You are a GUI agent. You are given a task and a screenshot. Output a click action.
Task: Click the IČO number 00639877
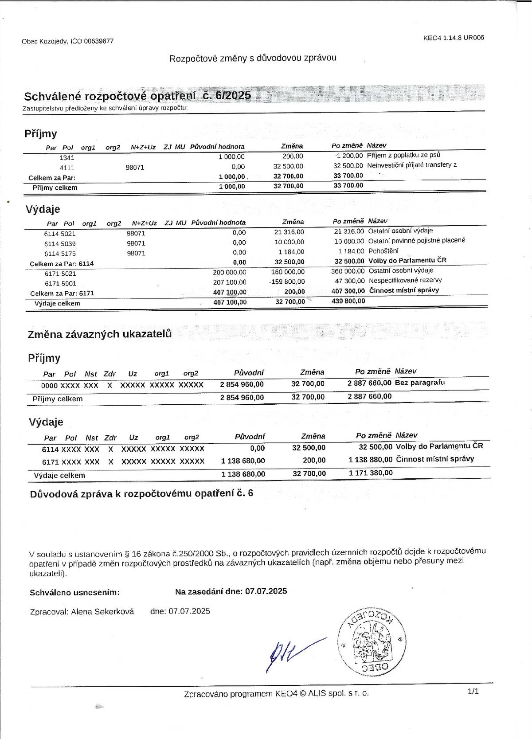(99, 41)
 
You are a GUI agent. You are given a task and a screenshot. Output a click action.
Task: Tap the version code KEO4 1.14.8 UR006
(454, 38)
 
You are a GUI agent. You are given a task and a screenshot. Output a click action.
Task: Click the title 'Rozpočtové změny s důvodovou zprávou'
(253, 58)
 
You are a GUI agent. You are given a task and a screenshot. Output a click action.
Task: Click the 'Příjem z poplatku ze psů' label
(403, 155)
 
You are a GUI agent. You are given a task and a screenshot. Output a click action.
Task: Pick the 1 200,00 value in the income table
(350, 156)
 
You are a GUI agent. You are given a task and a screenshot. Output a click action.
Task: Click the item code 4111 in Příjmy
(67, 168)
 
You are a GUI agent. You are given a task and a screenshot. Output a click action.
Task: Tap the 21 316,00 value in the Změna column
(289, 232)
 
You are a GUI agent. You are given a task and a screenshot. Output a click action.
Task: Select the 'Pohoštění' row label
(383, 251)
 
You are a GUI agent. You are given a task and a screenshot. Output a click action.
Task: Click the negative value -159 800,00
(287, 282)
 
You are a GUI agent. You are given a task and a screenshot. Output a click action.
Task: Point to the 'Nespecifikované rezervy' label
(405, 280)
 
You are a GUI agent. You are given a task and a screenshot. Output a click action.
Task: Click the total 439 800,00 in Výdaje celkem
(348, 301)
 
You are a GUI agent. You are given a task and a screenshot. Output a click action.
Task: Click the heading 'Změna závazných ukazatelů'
(100, 334)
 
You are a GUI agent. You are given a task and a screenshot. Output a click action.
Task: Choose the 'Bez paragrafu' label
(419, 382)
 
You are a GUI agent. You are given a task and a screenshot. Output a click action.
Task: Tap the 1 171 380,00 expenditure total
(371, 473)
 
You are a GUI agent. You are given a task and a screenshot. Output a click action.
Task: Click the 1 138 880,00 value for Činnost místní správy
(370, 459)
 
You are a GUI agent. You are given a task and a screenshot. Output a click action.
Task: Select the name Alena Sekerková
(102, 612)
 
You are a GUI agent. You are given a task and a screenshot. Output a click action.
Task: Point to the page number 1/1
(473, 691)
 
